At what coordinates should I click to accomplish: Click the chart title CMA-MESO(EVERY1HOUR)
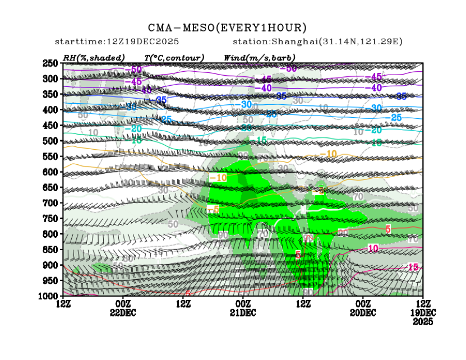228,27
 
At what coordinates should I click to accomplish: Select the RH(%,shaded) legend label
94,58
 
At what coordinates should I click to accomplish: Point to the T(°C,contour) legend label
174,58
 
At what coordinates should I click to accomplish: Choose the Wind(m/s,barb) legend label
259,58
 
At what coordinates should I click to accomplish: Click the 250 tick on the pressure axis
51,63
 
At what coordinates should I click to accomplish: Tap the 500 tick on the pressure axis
51,141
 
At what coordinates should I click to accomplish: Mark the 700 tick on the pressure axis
51,202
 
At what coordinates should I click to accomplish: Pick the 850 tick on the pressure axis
51,249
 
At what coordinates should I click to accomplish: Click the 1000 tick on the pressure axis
49,296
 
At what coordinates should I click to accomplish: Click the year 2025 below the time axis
423,322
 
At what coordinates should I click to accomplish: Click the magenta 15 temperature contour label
414,267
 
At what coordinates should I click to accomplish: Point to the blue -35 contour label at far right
401,96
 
